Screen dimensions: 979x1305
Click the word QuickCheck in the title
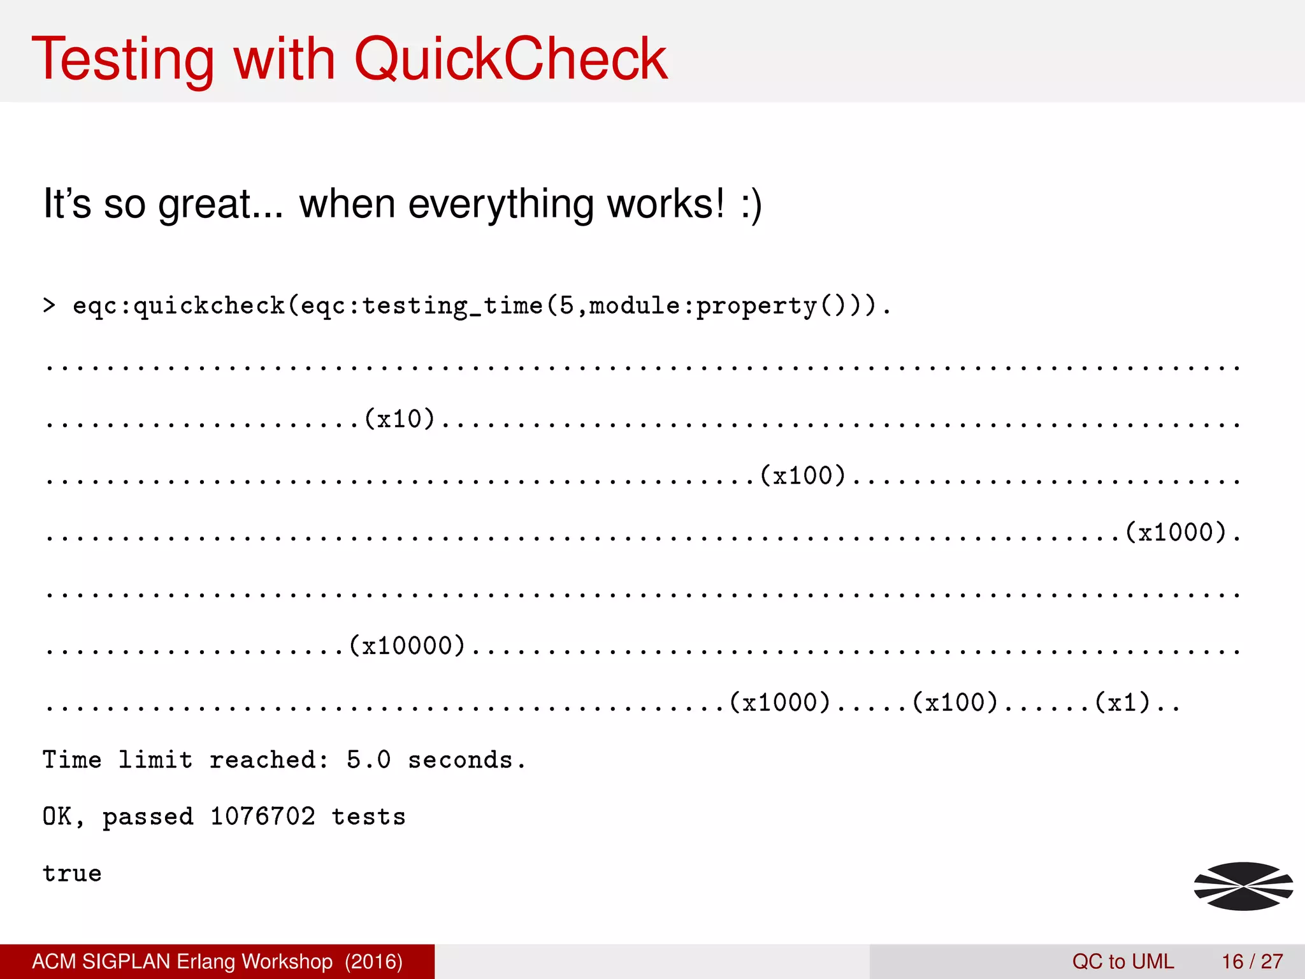510,59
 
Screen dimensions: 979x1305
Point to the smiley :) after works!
751,205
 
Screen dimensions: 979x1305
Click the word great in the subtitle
204,205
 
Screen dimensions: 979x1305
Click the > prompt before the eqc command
49,305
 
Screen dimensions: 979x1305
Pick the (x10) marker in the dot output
400,419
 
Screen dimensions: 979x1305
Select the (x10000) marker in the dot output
407,646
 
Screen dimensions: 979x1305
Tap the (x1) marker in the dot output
1123,702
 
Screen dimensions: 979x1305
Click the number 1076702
263,816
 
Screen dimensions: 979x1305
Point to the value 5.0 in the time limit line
369,760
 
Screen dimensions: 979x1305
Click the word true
72,873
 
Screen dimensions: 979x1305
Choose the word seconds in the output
460,760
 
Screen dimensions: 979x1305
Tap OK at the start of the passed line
57,816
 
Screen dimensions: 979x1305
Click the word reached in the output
263,760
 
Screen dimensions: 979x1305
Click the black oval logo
1243,886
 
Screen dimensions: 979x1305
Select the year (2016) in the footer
373,961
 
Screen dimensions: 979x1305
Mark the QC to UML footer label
1123,961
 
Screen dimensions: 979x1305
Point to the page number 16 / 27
1252,961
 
